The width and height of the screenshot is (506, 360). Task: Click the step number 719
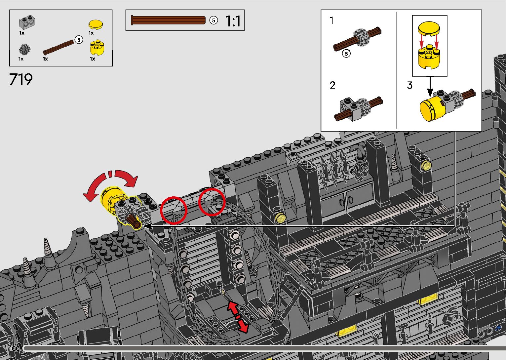[x=21, y=79]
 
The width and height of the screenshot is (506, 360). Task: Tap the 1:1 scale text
[x=233, y=21]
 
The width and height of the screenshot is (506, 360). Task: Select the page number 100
[x=15, y=348]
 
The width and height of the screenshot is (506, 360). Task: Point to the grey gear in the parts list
[x=24, y=49]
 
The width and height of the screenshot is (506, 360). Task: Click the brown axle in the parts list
[x=58, y=48]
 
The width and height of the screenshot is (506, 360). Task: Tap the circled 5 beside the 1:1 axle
[x=214, y=20]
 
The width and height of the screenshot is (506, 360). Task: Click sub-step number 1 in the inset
[x=331, y=20]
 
